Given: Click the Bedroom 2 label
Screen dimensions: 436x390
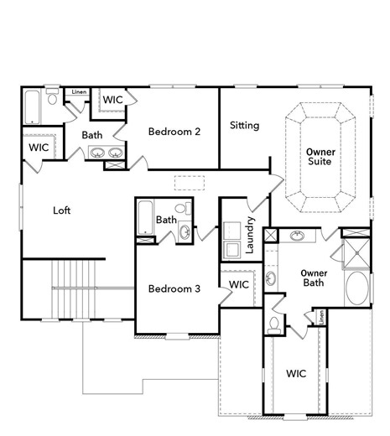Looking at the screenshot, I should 174,132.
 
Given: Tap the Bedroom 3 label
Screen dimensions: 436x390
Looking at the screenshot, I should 174,289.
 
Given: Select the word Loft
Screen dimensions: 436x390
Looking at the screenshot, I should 61,210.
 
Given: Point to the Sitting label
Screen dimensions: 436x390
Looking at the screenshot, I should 244,126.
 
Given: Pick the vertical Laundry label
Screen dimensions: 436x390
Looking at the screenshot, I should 249,236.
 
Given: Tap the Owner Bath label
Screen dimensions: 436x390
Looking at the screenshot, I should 315,278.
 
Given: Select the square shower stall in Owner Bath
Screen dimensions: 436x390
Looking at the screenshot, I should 356,251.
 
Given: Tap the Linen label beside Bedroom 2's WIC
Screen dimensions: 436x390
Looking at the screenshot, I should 79,92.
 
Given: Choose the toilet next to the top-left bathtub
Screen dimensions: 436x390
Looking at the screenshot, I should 53,99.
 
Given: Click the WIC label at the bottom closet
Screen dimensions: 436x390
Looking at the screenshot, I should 295,372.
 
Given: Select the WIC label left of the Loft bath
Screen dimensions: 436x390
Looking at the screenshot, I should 39,148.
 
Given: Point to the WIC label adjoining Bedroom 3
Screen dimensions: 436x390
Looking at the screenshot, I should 238,285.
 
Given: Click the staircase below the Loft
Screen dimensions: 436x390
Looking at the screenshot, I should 78,288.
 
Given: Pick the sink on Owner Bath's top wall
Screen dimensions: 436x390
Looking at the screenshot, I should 298,236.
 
